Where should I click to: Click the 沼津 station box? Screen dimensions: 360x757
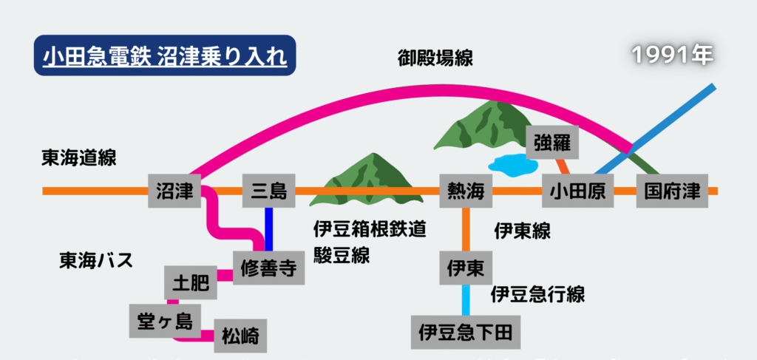click(x=174, y=191)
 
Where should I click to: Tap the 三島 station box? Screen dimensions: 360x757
click(x=268, y=191)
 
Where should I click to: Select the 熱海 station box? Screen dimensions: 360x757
click(x=466, y=191)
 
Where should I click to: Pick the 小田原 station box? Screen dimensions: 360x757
click(x=578, y=191)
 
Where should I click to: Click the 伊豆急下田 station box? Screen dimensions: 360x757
click(x=466, y=331)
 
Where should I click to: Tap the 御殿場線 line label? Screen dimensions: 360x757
click(x=435, y=57)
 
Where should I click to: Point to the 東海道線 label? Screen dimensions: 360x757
click(x=79, y=157)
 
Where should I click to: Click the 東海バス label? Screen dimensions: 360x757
click(x=96, y=260)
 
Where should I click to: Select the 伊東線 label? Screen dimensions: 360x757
click(x=523, y=231)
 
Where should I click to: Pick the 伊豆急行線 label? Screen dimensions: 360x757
click(x=538, y=294)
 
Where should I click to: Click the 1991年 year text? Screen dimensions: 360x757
click(x=672, y=55)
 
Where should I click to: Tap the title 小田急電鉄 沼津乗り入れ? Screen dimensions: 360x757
click(x=165, y=55)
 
